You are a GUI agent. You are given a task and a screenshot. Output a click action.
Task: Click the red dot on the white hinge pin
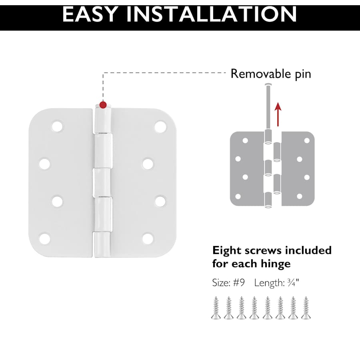(103, 105)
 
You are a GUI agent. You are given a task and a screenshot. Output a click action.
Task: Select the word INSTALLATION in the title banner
(212, 14)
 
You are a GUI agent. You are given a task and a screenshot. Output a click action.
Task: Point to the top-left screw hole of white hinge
(57, 126)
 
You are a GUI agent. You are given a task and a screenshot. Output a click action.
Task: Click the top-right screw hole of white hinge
(160, 126)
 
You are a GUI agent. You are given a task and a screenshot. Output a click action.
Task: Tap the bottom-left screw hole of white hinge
(44, 238)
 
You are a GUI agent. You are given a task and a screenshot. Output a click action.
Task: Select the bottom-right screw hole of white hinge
(148, 238)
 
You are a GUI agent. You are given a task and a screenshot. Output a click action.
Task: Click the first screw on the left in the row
(216, 308)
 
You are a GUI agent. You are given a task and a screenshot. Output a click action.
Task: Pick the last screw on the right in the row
(306, 308)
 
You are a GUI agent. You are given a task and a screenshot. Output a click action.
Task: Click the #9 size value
(239, 283)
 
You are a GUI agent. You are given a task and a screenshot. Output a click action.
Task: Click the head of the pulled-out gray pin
(268, 84)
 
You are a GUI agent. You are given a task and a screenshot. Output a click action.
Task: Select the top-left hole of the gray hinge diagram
(245, 140)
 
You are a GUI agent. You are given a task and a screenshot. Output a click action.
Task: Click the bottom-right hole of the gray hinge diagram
(299, 196)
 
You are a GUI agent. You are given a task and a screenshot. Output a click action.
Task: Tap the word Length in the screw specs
(269, 283)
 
